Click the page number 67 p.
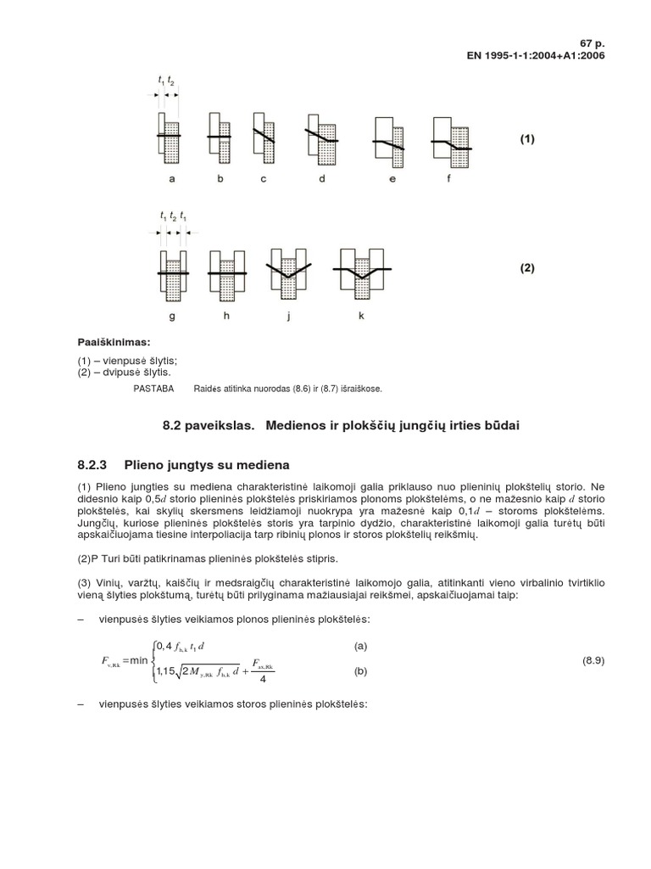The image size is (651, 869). (x=593, y=42)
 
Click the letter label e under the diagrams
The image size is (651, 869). (x=392, y=179)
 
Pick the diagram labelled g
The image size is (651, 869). (x=172, y=273)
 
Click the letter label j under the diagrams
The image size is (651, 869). (x=288, y=317)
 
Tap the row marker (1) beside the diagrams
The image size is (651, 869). (x=527, y=139)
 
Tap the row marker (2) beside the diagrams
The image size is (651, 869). (x=527, y=268)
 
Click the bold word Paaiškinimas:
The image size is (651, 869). (x=114, y=342)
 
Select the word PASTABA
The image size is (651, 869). (x=154, y=388)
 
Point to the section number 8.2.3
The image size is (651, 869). (x=95, y=465)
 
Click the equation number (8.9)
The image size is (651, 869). (x=593, y=659)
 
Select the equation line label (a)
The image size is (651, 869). (x=361, y=646)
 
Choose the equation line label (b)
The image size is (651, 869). (x=361, y=671)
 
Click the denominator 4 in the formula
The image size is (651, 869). (x=261, y=679)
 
